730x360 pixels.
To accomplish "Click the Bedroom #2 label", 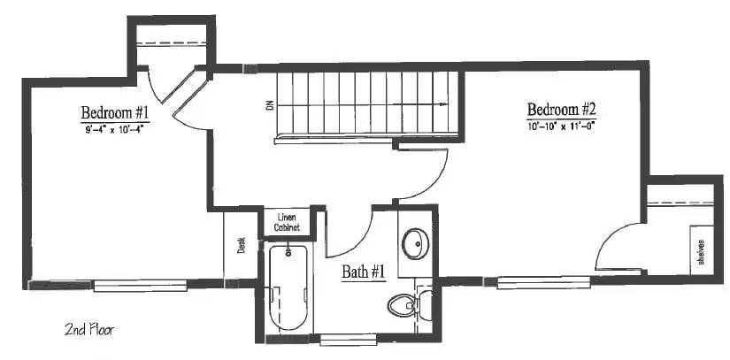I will (562, 110).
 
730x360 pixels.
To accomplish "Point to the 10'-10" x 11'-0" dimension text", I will (562, 126).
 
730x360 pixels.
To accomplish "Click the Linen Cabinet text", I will (286, 222).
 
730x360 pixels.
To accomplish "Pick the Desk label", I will (241, 244).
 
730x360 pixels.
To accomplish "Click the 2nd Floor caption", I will (89, 330).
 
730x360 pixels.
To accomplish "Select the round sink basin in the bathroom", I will (415, 242).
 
